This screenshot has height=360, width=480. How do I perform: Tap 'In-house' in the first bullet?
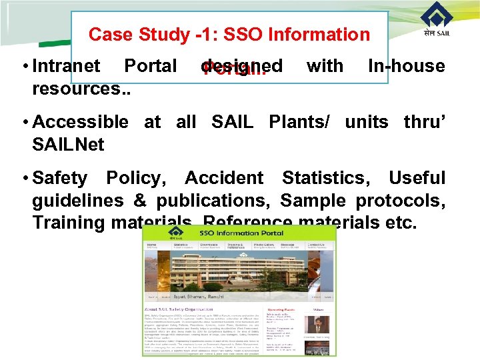tap(406, 66)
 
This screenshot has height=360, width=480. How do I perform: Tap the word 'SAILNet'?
tap(68, 144)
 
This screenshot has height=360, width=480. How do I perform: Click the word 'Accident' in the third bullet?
tap(224, 178)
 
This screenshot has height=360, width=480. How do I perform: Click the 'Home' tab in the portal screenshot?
tap(153, 245)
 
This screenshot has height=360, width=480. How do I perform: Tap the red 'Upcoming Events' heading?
tap(281, 310)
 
